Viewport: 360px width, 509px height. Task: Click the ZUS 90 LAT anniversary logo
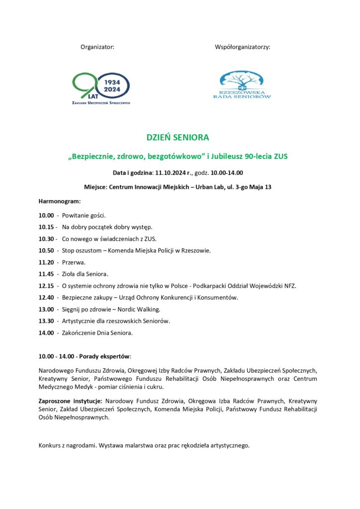coord(101,88)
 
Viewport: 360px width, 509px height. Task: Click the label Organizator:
coord(97,47)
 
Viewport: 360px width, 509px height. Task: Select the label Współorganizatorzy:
coord(242,47)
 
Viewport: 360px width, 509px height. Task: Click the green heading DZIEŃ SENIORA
coord(178,137)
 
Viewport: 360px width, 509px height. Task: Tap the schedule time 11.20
coord(46,262)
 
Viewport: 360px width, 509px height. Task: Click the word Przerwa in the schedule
coord(73,262)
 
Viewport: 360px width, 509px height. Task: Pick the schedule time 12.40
coord(46,297)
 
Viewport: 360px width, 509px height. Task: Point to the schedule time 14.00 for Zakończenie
coord(46,333)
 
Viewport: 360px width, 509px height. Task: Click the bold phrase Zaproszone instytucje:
coord(70,401)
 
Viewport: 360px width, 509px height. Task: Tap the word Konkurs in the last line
coord(50,445)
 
